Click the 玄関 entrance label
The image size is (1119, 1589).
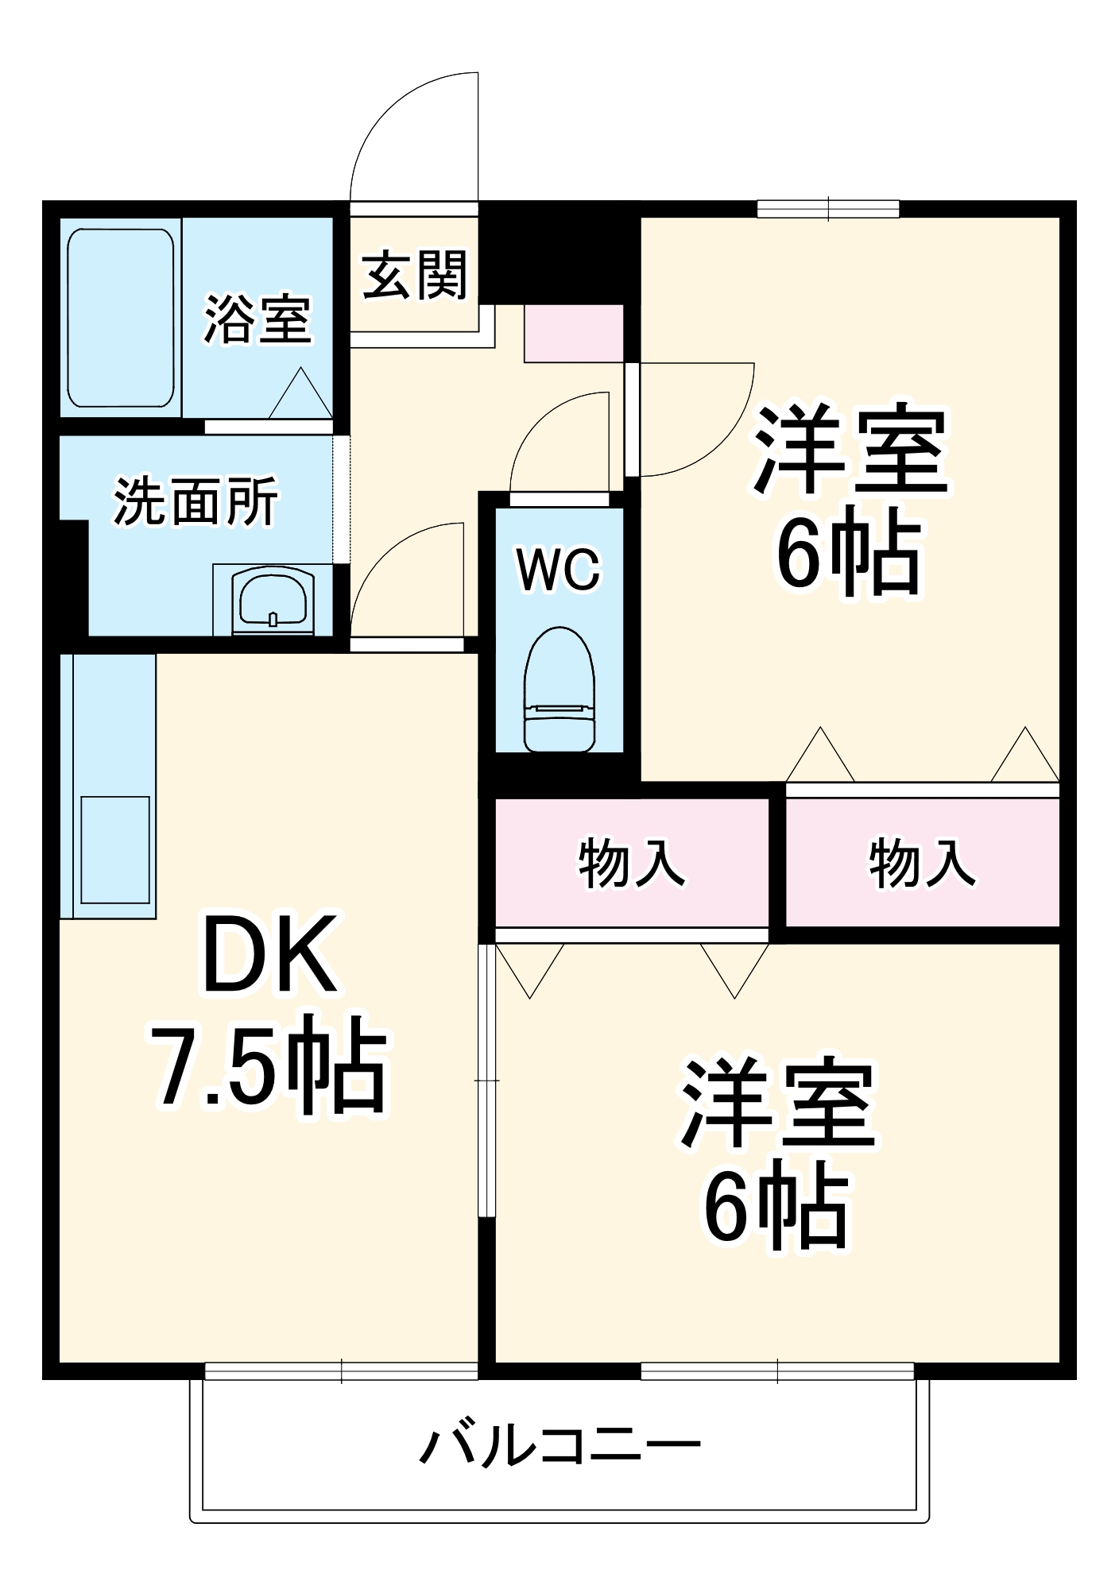pos(415,276)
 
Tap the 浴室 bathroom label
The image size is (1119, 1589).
pos(257,319)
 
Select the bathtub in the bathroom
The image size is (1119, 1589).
pos(120,317)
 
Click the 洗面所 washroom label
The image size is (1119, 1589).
pos(196,501)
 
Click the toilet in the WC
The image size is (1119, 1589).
pos(559,688)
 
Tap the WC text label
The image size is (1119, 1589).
pos(559,569)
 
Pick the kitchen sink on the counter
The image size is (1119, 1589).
pos(115,849)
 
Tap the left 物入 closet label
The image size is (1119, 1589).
pos(632,863)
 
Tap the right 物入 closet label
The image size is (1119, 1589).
pos(922,863)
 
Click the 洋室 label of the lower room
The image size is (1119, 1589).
pos(776,1104)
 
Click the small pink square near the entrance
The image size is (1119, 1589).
pos(573,334)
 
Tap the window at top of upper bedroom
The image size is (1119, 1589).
pos(828,209)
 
